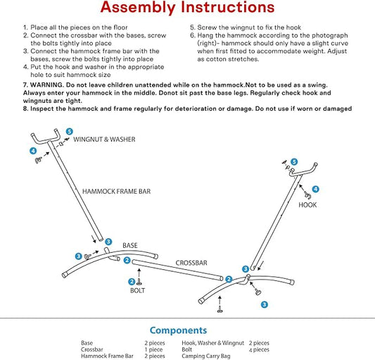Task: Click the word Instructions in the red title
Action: [x=227, y=7]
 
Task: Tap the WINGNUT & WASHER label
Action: [x=104, y=139]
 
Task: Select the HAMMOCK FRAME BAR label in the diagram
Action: [x=117, y=192]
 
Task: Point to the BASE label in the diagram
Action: [x=130, y=245]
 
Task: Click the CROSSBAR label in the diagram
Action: [x=191, y=263]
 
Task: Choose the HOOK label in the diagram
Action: [x=307, y=205]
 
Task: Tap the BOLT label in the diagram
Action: [x=137, y=290]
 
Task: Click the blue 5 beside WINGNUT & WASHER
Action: [x=70, y=132]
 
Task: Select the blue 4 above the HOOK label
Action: [x=316, y=189]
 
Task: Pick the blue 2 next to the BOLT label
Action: [x=132, y=282]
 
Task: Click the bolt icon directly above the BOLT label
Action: [x=139, y=283]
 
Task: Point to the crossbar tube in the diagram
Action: [x=177, y=270]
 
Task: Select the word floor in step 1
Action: [x=120, y=27]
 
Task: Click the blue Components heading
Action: [x=179, y=330]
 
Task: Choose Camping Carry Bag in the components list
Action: [x=206, y=356]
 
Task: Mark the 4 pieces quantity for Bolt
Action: [x=259, y=349]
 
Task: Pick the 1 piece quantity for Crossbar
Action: [x=153, y=349]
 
